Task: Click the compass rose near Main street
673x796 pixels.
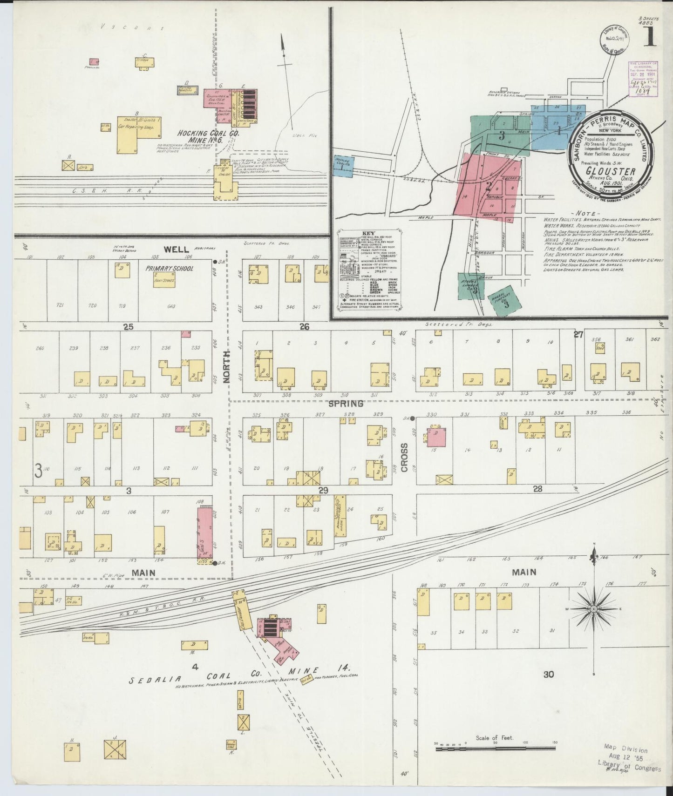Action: coord(594,609)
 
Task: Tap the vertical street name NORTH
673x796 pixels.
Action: coord(227,373)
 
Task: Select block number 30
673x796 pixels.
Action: coord(549,674)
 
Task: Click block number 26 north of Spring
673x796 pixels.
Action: coord(305,327)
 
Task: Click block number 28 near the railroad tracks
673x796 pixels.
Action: coord(538,489)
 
